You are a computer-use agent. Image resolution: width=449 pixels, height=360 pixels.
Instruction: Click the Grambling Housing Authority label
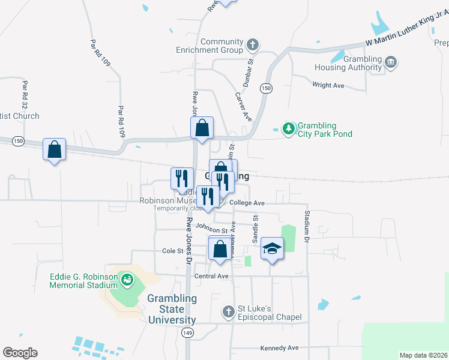349,63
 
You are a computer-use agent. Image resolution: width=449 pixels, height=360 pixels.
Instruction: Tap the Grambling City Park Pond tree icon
289,129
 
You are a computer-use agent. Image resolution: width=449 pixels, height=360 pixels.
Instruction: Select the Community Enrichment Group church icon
253,45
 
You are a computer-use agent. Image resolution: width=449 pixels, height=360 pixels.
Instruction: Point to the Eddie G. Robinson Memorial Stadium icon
127,279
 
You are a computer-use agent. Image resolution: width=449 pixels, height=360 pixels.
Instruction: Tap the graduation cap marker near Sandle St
272,249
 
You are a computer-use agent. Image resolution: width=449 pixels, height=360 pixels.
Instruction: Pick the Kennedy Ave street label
279,348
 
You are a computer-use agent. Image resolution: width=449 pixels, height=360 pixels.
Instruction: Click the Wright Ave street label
328,86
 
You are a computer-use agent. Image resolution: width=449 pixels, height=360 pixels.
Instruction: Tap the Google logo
20,353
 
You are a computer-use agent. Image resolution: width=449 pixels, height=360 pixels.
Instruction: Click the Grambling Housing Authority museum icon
391,62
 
